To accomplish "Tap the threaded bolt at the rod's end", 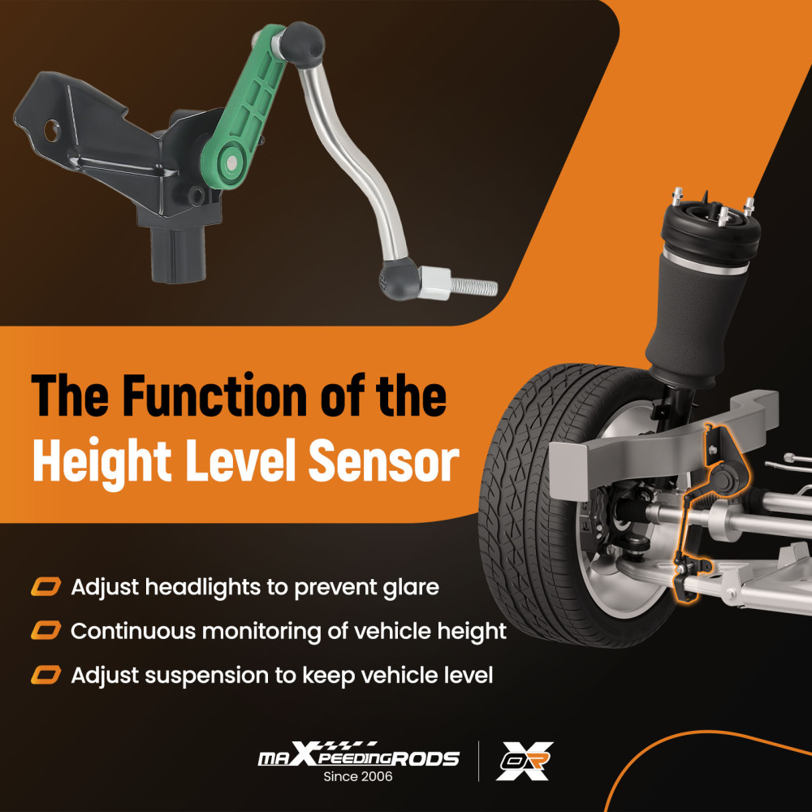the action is pos(473,287).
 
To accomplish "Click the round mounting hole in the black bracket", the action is pos(52,131).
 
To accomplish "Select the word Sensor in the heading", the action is pos(384,460).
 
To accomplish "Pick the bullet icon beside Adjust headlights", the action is pos(46,587).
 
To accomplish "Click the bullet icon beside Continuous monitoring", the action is pos(46,631).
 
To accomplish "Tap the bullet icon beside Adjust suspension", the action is pos(46,676).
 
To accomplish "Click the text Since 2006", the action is pos(358,776).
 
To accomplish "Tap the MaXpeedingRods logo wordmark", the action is pos(358,755).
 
